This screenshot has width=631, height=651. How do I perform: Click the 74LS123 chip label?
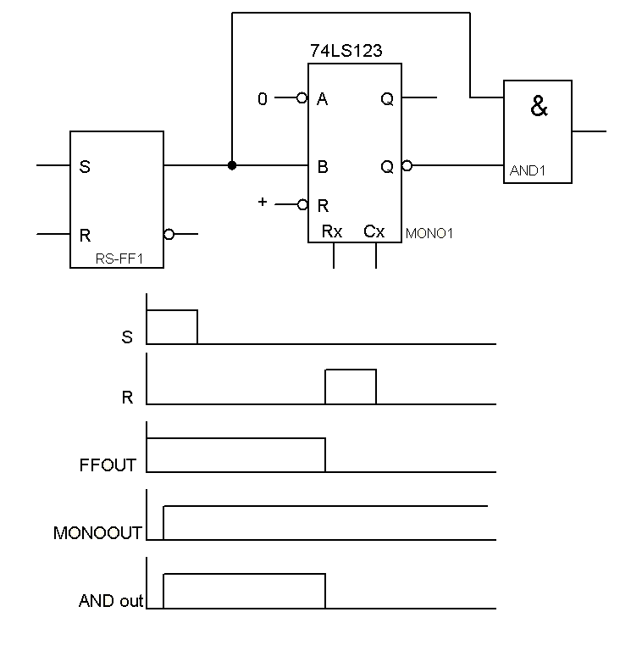tap(347, 52)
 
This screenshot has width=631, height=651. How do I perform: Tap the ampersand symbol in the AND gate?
tap(539, 108)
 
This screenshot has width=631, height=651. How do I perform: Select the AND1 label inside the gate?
tap(528, 171)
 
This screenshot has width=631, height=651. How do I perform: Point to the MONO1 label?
tap(429, 233)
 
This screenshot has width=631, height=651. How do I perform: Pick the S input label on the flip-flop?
tap(84, 166)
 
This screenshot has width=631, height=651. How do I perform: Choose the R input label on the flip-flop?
tap(84, 234)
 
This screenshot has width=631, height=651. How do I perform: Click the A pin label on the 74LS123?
tap(323, 99)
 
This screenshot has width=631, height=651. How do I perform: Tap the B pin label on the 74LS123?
tap(323, 167)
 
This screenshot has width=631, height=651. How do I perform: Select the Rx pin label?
tap(333, 231)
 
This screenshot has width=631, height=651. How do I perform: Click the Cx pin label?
tap(374, 231)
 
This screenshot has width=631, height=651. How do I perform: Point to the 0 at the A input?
tap(263, 99)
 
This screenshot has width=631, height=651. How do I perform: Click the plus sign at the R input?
tap(263, 202)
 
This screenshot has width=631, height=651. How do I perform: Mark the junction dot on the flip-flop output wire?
tap(232, 165)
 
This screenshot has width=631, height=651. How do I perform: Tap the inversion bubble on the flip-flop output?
tap(169, 234)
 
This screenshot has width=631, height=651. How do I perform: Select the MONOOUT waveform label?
tap(97, 533)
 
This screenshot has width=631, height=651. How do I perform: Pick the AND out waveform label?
tap(111, 602)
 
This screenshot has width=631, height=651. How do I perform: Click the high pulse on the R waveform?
tap(351, 387)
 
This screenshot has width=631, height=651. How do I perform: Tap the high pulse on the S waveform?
tap(172, 326)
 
